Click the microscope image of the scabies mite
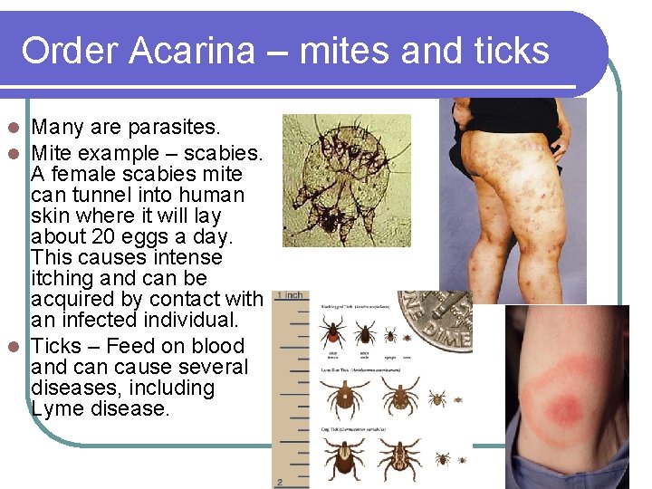coord(345,179)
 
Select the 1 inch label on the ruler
coord(291,296)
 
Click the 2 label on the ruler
coord(282,481)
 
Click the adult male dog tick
coord(398,458)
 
